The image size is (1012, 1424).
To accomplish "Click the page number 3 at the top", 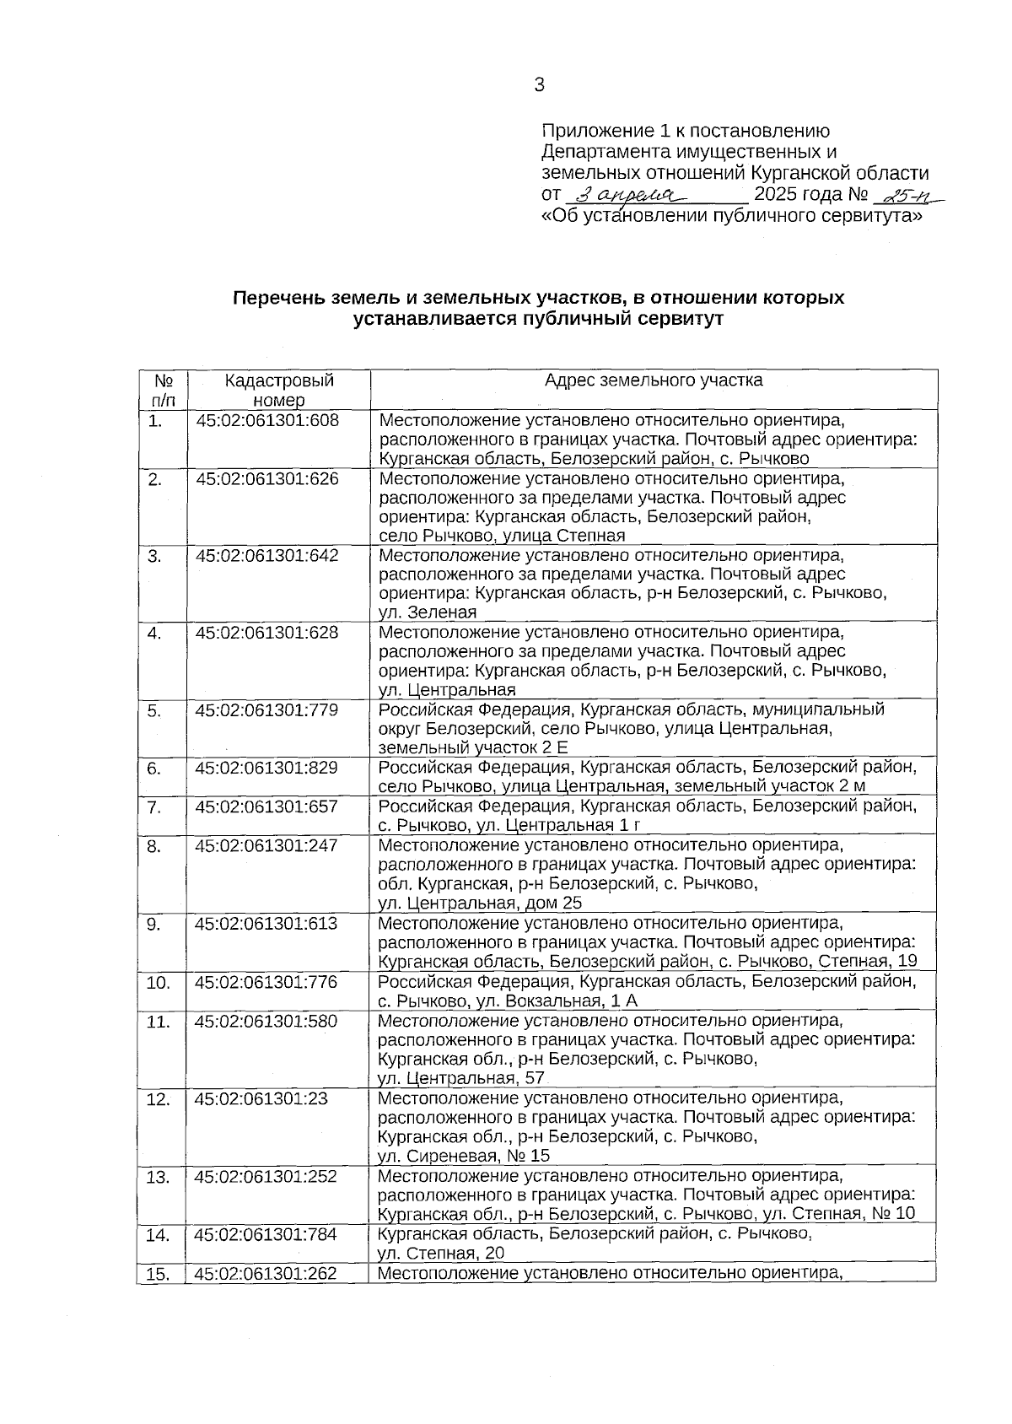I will click(540, 84).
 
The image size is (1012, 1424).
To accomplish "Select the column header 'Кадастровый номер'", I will click(278, 390).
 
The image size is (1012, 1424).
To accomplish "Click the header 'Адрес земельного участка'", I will click(654, 380).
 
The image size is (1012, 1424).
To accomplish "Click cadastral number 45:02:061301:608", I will click(267, 420).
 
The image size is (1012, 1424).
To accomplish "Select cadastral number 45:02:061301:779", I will click(267, 710).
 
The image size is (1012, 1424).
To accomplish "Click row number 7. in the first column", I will click(154, 807).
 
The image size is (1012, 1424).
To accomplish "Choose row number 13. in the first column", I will click(158, 1177).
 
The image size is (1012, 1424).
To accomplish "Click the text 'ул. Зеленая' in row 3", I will click(428, 612).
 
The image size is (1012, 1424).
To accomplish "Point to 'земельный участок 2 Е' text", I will click(473, 748).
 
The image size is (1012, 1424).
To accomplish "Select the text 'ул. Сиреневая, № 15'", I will click(464, 1156).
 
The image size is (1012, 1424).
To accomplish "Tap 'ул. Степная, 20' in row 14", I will click(441, 1253).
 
